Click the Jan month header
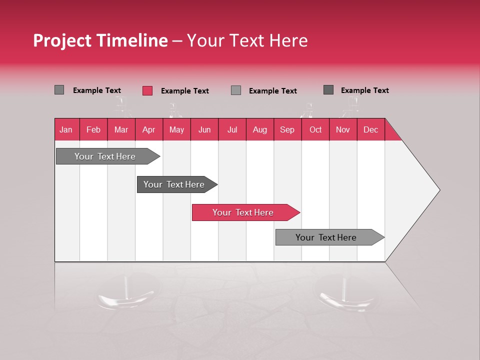pyautogui.click(x=66, y=129)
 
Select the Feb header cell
pyautogui.click(x=93, y=129)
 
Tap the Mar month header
pyautogui.click(x=121, y=129)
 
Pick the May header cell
pyautogui.click(x=176, y=129)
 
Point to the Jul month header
pyautogui.click(x=232, y=129)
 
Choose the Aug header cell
pyautogui.click(x=260, y=129)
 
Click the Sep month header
pyautogui.click(x=287, y=129)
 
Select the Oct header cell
pyautogui.click(x=315, y=129)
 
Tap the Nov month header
pyautogui.click(x=343, y=129)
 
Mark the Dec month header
pyautogui.click(x=371, y=129)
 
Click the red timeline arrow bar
pyautogui.click(x=245, y=212)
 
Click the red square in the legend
pyautogui.click(x=147, y=90)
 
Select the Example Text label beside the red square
pyautogui.click(x=184, y=91)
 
